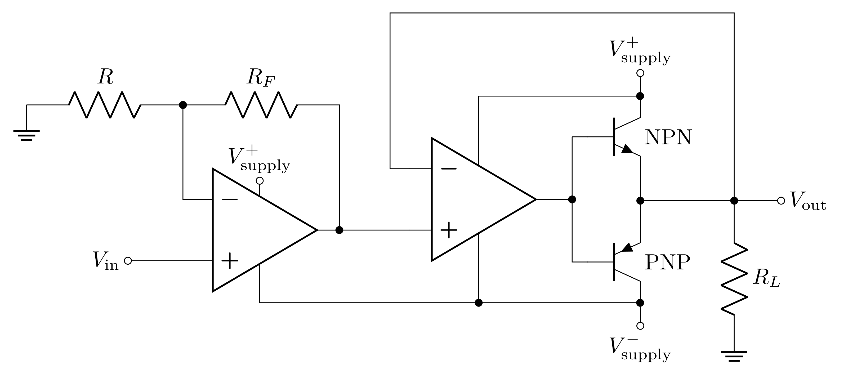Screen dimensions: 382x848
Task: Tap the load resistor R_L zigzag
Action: tap(734, 279)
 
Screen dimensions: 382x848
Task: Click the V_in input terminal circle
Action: tap(128, 261)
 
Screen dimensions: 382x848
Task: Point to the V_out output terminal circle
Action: tap(781, 201)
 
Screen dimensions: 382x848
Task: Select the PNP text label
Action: tap(667, 263)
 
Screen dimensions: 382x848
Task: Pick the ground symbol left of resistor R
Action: tap(26, 135)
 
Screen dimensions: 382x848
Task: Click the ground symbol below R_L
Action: tap(734, 356)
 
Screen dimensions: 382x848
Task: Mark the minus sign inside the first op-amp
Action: tap(230, 199)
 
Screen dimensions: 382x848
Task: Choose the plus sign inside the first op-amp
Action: tap(230, 261)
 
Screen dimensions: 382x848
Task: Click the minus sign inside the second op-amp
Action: tap(449, 169)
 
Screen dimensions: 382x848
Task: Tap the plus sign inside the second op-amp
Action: tap(449, 230)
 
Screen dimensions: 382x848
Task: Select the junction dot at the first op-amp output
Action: tap(339, 230)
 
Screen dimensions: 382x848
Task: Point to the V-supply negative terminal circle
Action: tap(640, 326)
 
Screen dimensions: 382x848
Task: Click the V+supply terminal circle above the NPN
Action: tap(640, 73)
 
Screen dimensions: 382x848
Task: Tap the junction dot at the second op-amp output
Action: tap(572, 199)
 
